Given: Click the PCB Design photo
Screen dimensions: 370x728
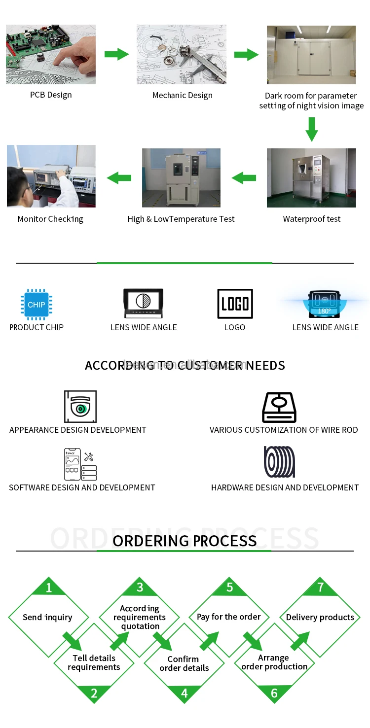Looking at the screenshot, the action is coord(51,54).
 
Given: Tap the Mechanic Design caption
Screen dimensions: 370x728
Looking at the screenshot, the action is coord(182,95).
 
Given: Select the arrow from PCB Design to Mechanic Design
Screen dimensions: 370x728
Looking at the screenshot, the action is coord(116,54).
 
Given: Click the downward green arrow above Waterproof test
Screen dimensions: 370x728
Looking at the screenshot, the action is coord(311,129).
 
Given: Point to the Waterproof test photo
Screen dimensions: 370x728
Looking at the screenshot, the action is coord(311,178).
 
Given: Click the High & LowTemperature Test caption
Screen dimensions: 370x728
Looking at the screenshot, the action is coord(181,219).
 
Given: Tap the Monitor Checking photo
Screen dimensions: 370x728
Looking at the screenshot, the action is coord(51,176).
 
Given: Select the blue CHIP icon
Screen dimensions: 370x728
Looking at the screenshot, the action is coord(37,305).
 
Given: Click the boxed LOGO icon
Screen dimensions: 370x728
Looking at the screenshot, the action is coord(235,304).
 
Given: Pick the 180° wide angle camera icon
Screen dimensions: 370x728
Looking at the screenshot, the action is coord(324,304).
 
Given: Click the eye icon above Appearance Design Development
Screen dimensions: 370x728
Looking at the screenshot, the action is coord(80,407).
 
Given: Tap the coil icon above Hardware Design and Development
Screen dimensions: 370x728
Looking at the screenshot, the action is coord(279,462).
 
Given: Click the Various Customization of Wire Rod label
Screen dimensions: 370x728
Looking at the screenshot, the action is coord(284,430).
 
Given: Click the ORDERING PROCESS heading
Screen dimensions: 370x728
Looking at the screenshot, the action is coord(185,541).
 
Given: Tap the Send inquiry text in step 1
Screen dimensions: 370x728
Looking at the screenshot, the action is coord(47,617).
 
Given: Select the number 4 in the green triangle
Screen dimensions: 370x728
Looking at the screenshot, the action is coord(185,693).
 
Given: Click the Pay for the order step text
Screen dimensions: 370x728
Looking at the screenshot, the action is coord(228,617).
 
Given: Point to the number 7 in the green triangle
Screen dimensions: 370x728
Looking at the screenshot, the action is coord(320,587).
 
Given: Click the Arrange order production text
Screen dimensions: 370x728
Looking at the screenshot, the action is coord(274,662).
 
